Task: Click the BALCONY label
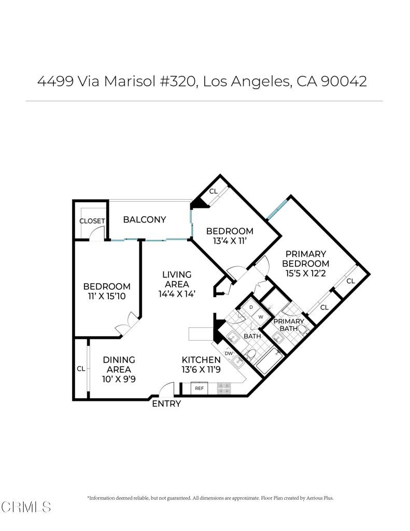click(145, 219)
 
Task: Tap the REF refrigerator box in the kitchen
click(200, 388)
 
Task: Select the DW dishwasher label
click(229, 354)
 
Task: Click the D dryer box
click(251, 307)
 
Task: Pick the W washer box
click(261, 317)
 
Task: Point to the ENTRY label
click(166, 403)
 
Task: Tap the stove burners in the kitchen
click(224, 388)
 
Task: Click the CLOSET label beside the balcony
click(92, 221)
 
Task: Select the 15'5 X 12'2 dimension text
click(305, 273)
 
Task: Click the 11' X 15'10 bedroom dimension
click(107, 296)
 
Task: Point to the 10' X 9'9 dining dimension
click(119, 379)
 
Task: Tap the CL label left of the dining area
click(81, 369)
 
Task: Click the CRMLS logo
click(26, 507)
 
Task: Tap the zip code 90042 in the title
click(344, 81)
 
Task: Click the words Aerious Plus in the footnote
click(320, 498)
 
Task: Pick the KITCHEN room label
click(201, 360)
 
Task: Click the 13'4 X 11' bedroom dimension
click(230, 241)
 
